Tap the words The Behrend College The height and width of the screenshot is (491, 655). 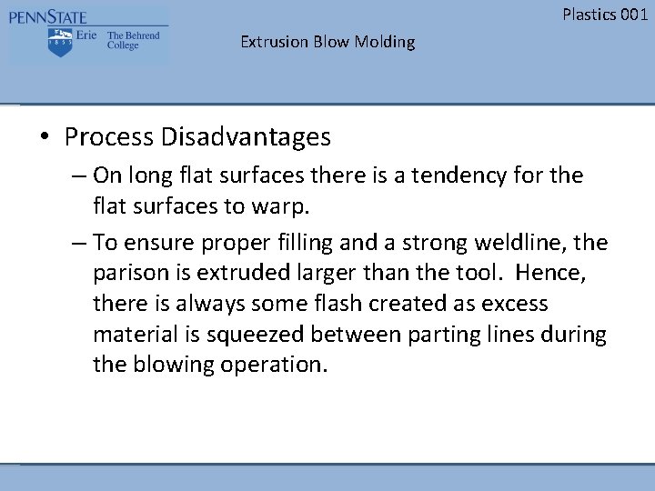coord(133,41)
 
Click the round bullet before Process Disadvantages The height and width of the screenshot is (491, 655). coord(44,137)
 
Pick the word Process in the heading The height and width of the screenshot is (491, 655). coord(109,137)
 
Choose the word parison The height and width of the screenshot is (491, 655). coord(128,273)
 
